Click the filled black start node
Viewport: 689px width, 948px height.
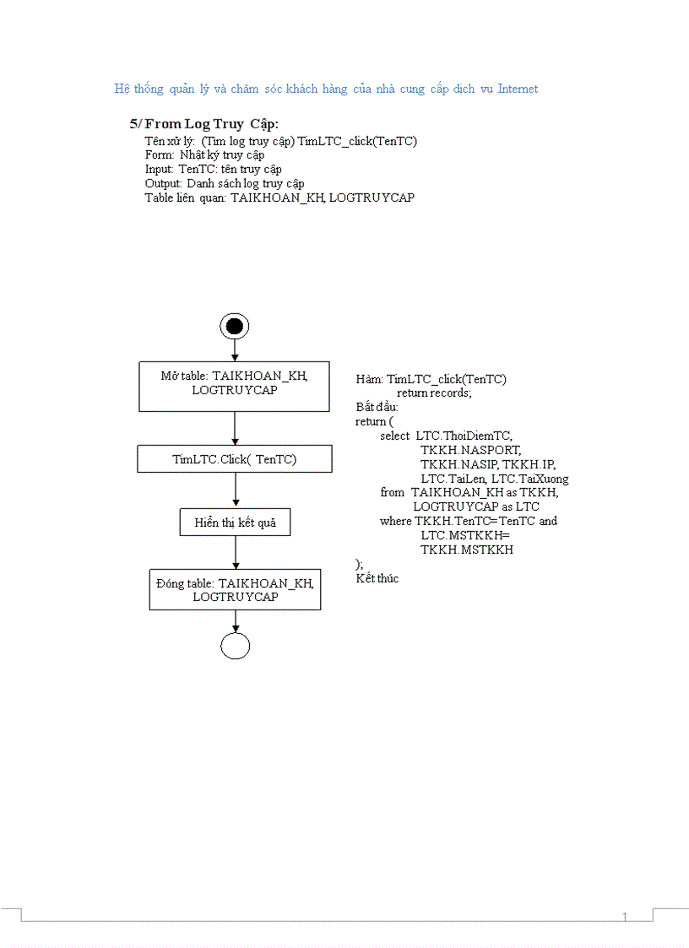coord(235,326)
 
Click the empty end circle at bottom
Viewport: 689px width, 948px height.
coord(235,646)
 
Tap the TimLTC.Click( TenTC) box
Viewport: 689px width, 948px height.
coord(234,459)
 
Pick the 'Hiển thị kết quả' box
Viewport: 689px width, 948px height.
coord(235,523)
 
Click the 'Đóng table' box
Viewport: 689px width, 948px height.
coord(235,589)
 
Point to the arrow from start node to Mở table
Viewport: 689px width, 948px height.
coord(235,350)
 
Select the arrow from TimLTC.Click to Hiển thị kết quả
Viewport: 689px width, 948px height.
coord(235,490)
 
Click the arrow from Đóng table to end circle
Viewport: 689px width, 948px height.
coord(235,620)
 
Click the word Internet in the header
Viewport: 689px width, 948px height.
coord(517,89)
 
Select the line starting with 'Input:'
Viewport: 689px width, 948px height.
coord(213,169)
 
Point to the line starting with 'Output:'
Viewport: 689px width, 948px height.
coord(224,183)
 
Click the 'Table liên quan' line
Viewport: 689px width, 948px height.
coord(279,198)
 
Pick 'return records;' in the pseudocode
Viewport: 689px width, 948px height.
coord(434,393)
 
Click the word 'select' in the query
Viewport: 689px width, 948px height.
coord(394,436)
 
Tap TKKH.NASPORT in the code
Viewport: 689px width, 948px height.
coord(470,450)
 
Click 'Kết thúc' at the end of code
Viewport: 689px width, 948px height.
coord(377,578)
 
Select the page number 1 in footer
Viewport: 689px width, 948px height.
coord(624,917)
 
